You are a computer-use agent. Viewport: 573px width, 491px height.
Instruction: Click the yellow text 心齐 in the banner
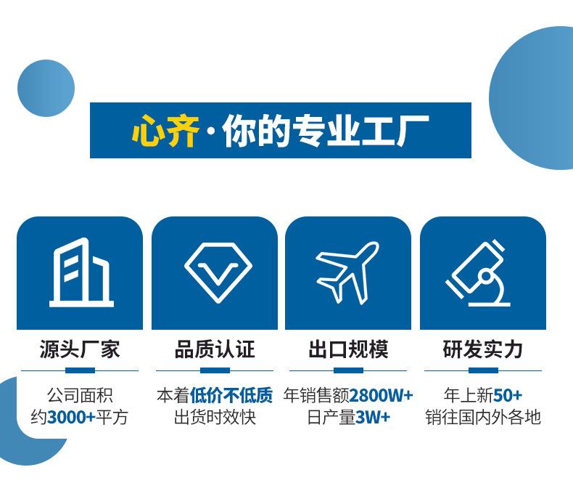pyautogui.click(x=165, y=131)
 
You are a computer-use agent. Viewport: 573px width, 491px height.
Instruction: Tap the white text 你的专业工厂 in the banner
pyautogui.click(x=325, y=131)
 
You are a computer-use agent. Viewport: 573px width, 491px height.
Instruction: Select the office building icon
pyautogui.click(x=81, y=272)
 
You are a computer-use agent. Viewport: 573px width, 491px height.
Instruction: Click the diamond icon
pyautogui.click(x=218, y=272)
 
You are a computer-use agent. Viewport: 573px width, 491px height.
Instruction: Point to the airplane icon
pyautogui.click(x=347, y=272)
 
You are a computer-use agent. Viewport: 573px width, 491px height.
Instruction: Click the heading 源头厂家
pyautogui.click(x=80, y=349)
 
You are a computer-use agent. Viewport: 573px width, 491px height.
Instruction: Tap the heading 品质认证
pyautogui.click(x=215, y=349)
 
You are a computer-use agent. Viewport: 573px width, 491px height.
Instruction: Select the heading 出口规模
pyautogui.click(x=348, y=349)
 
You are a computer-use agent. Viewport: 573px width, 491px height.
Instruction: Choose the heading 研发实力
pyautogui.click(x=483, y=349)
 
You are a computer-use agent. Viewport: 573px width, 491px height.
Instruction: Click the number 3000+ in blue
pyautogui.click(x=71, y=417)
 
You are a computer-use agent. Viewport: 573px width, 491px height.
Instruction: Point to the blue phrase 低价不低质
pyautogui.click(x=231, y=395)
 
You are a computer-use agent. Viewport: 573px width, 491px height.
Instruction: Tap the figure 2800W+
pyautogui.click(x=381, y=395)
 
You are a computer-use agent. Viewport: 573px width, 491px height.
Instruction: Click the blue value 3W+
pyautogui.click(x=373, y=417)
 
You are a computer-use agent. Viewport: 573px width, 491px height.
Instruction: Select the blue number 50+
pyautogui.click(x=508, y=395)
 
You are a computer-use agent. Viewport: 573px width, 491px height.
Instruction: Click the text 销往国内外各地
pyautogui.click(x=483, y=417)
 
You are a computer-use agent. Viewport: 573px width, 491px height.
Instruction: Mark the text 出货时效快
pyautogui.click(x=215, y=417)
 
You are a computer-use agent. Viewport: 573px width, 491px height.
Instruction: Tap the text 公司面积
pyautogui.click(x=80, y=395)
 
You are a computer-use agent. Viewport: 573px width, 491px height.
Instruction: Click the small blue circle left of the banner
pyautogui.click(x=46, y=88)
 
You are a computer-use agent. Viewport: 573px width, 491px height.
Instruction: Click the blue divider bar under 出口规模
pyautogui.click(x=349, y=370)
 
